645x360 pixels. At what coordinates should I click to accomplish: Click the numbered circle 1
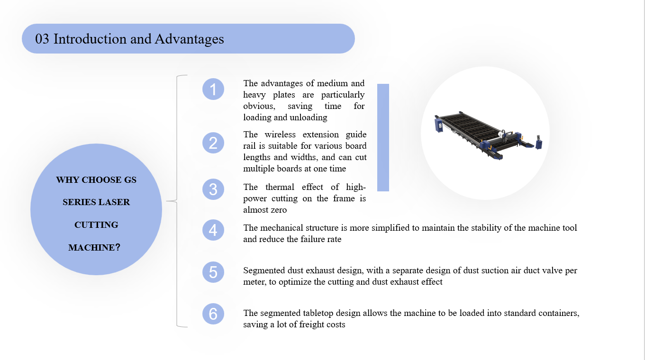tap(213, 89)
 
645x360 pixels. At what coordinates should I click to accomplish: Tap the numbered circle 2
tap(213, 143)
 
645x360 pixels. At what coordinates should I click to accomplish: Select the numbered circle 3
tap(213, 189)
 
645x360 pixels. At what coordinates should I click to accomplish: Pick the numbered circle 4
tap(213, 230)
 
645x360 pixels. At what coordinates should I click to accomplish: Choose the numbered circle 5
tap(213, 272)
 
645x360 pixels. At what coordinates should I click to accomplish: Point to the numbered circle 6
tap(213, 314)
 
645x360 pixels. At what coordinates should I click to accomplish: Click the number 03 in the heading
tap(42, 39)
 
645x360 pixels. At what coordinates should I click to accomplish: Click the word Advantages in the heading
tap(189, 39)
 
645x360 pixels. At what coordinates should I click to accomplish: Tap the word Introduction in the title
tap(90, 39)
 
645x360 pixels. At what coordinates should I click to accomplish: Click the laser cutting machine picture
tap(488, 135)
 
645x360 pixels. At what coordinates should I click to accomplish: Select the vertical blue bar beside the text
tap(383, 137)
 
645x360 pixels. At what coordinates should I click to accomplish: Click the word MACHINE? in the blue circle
tap(94, 247)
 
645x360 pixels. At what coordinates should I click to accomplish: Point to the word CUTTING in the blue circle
tap(96, 225)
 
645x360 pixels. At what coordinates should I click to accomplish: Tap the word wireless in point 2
tap(280, 135)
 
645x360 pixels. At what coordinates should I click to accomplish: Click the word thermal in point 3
tap(280, 187)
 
